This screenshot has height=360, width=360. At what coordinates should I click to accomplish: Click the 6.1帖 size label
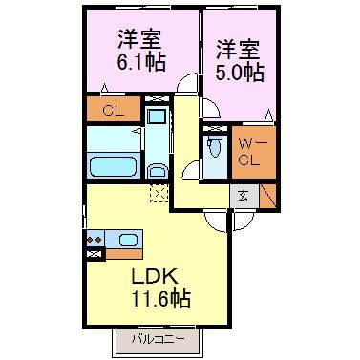click(x=141, y=62)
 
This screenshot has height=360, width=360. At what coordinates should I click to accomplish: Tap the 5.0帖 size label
click(x=240, y=73)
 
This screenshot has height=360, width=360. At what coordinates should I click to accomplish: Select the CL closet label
click(x=114, y=111)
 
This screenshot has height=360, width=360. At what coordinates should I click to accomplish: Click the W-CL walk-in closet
click(x=254, y=152)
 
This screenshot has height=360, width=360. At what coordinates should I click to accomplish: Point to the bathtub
click(x=114, y=166)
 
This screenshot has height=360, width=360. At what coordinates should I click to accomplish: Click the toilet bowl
click(x=215, y=146)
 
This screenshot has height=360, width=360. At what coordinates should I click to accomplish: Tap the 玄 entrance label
click(x=244, y=196)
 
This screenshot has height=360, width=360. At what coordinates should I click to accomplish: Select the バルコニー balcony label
click(x=159, y=339)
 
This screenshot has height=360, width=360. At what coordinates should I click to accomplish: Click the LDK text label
click(x=155, y=277)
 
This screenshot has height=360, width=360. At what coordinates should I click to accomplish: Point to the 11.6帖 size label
click(x=160, y=298)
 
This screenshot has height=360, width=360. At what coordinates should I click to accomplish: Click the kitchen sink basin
click(x=130, y=240)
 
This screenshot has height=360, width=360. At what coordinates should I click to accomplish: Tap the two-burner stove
click(x=95, y=239)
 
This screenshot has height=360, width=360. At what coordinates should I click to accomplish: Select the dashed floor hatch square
click(x=159, y=193)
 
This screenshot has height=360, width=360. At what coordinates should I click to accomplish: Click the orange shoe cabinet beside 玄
click(x=268, y=196)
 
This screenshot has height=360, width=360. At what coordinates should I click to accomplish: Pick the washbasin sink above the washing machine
click(x=157, y=116)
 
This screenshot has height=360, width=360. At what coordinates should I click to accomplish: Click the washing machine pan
click(x=157, y=171)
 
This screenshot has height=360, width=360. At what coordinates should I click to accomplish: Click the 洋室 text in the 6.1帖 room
click(x=139, y=39)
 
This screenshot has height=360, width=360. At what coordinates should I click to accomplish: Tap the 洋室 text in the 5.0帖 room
click(x=238, y=50)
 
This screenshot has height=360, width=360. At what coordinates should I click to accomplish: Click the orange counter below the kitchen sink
click(x=124, y=254)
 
